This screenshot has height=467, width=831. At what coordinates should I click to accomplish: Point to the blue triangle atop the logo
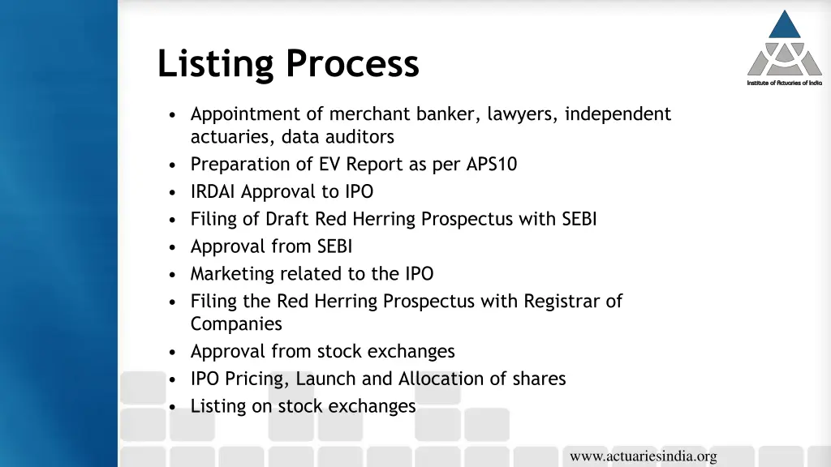click(785, 25)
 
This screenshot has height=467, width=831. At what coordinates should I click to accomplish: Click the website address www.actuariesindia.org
click(643, 456)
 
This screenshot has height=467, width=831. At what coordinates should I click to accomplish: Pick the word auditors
click(362, 137)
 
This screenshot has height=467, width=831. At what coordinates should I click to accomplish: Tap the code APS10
click(491, 165)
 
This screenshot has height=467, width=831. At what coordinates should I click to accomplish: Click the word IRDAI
click(213, 192)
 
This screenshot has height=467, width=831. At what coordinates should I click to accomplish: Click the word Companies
click(236, 324)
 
